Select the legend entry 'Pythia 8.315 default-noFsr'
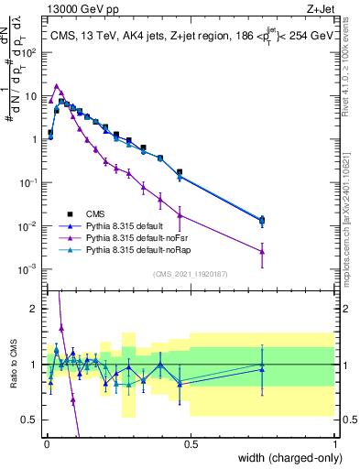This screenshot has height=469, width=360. pos(138,236)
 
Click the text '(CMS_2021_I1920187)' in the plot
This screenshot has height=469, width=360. pos(190,273)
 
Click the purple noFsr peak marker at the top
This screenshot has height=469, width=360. pos(57,86)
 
